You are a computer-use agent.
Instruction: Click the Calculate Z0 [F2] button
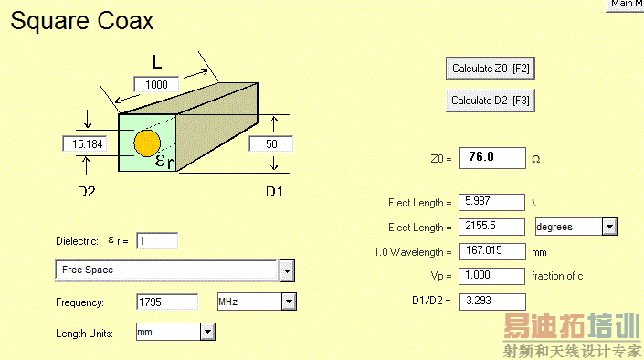pos(490,69)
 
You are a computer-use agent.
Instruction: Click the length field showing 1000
pos(156,85)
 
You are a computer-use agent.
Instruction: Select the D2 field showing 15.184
pos(85,143)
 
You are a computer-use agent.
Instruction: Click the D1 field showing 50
pos(271,143)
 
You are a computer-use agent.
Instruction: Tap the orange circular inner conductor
pos(147,143)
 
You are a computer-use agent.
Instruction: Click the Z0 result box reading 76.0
pos(492,158)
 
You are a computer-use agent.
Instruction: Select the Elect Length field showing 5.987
pos(491,202)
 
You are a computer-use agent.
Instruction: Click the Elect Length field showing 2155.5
pos(491,227)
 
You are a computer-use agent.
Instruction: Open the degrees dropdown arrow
pos(609,227)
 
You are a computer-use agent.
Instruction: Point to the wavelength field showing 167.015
pos(492,251)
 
